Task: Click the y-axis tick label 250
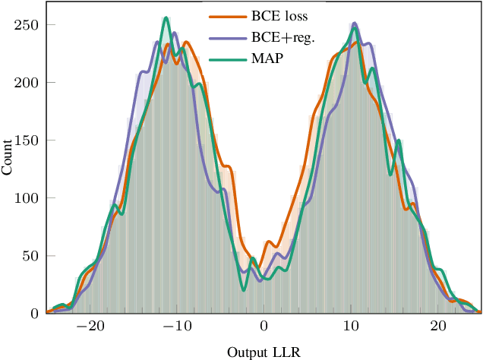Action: pyautogui.click(x=29, y=24)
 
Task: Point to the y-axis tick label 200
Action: pyautogui.click(x=29, y=82)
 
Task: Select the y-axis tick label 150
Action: pyautogui.click(x=29, y=140)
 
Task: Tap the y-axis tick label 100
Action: pyautogui.click(x=29, y=197)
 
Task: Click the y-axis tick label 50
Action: pyautogui.click(x=32, y=255)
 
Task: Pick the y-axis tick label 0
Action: pyautogui.click(x=35, y=313)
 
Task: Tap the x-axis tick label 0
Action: pyautogui.click(x=264, y=327)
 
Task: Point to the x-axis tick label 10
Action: pyautogui.click(x=351, y=327)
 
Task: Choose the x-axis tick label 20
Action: pyautogui.click(x=437, y=327)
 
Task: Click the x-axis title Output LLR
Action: pyautogui.click(x=264, y=352)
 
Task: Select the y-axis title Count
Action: pyautogui.click(x=8, y=158)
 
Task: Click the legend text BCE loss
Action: pyautogui.click(x=279, y=15)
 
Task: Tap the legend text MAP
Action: pyautogui.click(x=267, y=59)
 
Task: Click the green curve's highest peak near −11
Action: pyautogui.click(x=166, y=18)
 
